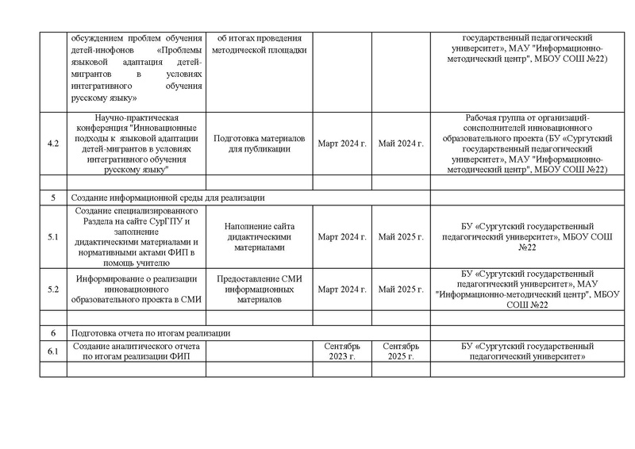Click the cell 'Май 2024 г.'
pyautogui.click(x=401, y=144)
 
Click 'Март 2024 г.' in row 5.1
pyautogui.click(x=342, y=236)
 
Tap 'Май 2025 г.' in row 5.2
pyautogui.click(x=401, y=289)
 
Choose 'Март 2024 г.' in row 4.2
pyautogui.click(x=342, y=144)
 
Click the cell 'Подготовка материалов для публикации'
pyautogui.click(x=261, y=144)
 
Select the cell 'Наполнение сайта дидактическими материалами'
pyautogui.click(x=261, y=236)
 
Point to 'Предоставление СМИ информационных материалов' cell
pyautogui.click(x=261, y=289)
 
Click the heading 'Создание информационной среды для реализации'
pyautogui.click(x=167, y=198)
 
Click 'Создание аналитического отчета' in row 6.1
pyautogui.click(x=134, y=346)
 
